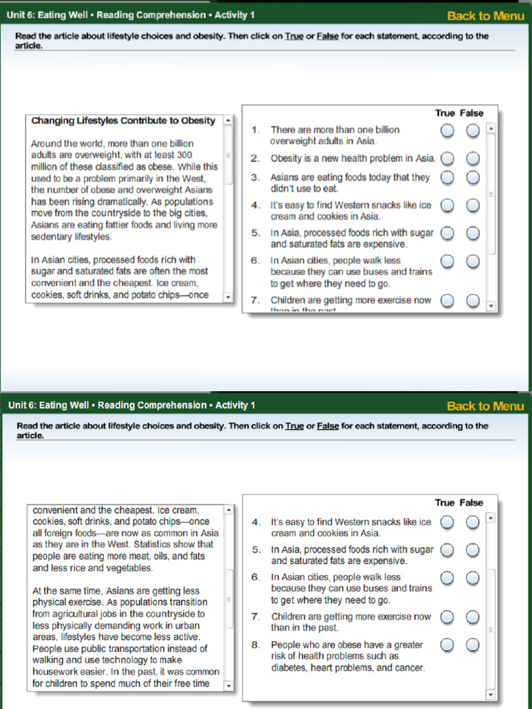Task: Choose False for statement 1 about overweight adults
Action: click(x=472, y=130)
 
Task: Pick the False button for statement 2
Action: click(x=472, y=159)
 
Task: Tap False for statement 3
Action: click(x=472, y=178)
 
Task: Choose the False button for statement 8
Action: click(x=472, y=645)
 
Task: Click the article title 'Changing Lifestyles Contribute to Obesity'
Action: click(x=123, y=120)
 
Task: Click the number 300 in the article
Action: click(x=184, y=155)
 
